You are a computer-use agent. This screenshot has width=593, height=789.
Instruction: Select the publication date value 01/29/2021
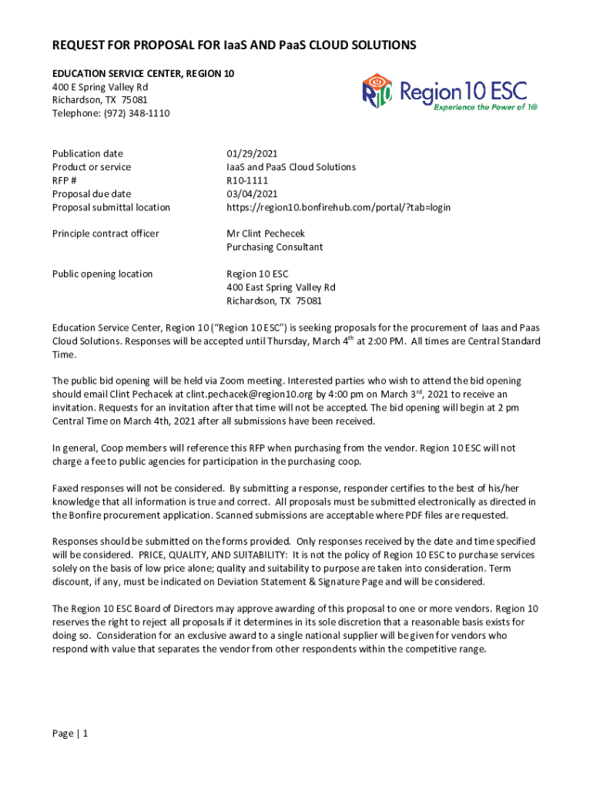point(252,153)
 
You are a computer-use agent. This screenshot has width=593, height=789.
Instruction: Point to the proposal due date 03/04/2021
point(252,193)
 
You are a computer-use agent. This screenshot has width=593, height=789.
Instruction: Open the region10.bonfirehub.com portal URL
point(338,207)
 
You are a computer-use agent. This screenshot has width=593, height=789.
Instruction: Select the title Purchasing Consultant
point(274,247)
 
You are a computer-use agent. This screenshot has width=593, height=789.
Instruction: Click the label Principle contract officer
point(106,233)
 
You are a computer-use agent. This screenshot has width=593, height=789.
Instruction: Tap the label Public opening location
point(102,274)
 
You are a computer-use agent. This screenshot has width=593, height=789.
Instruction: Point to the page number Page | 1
point(70,734)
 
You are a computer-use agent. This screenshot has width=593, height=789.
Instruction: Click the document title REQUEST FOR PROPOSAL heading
point(234,45)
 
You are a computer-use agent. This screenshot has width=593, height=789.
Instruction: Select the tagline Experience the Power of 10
point(485,108)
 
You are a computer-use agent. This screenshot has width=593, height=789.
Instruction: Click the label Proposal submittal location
point(111,207)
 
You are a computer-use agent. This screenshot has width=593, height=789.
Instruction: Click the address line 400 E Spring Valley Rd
point(100,86)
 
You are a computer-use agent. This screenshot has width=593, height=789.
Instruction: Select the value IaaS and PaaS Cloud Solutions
point(290,166)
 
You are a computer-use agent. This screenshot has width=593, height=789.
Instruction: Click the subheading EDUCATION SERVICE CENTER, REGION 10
point(143,73)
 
